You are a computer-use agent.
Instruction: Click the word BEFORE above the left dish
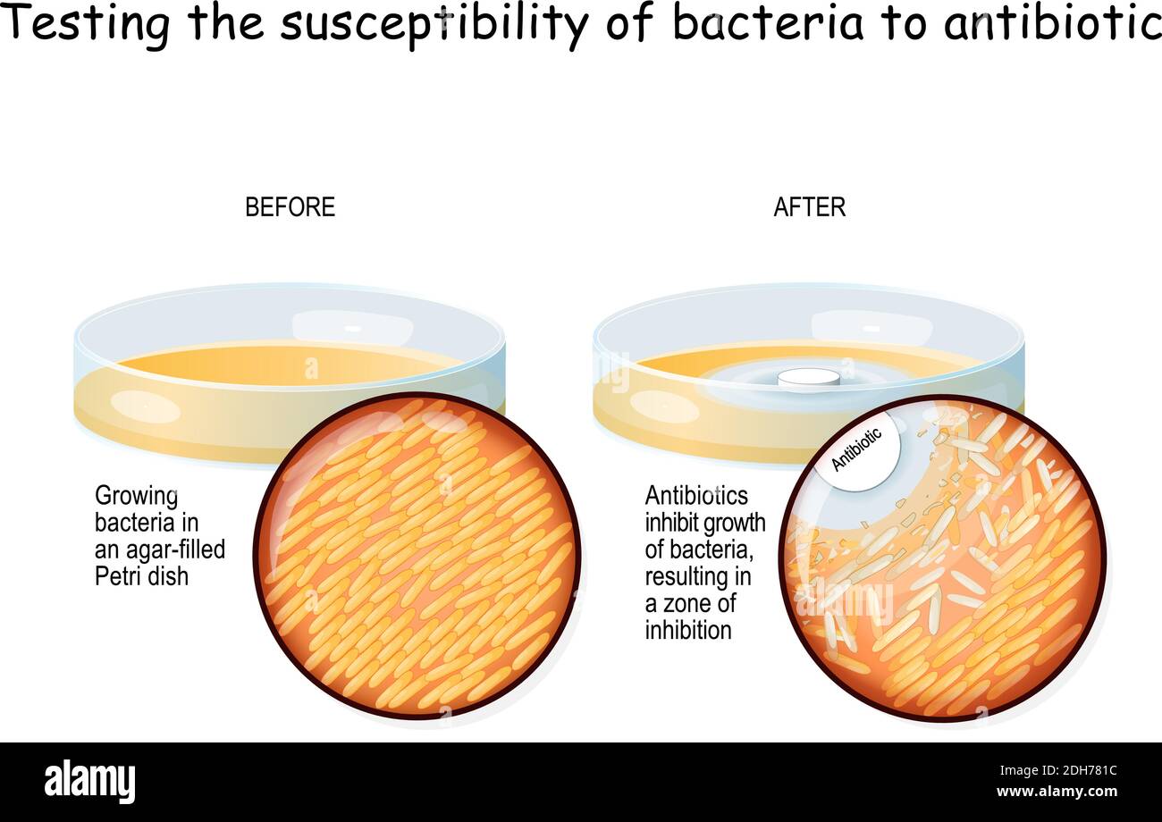pos(290,207)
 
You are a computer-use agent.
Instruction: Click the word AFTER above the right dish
pos(809,207)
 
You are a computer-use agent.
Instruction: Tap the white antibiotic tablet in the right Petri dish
pos(808,378)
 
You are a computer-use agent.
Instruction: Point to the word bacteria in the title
pos(768,25)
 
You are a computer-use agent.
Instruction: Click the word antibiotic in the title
pos(1051,25)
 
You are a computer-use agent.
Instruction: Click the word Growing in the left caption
pos(137,497)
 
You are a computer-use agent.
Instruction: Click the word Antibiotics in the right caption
pos(696,496)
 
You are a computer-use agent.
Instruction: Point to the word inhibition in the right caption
pos(688,630)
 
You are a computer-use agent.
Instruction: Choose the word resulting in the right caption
pos(686,576)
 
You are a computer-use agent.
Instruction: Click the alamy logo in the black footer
pos(89,781)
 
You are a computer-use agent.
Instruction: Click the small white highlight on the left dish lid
pos(352,329)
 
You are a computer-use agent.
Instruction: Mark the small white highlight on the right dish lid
pos(871,329)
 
